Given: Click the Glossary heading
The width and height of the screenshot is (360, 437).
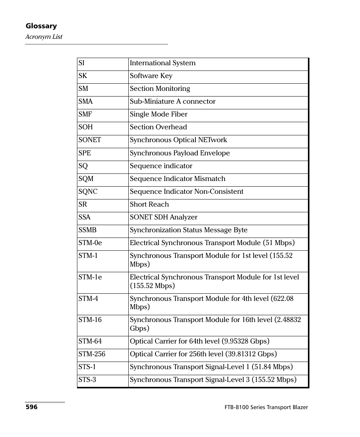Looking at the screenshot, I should pyautogui.click(x=41, y=26).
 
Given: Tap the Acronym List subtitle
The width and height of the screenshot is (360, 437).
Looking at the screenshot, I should pyautogui.click(x=44, y=37).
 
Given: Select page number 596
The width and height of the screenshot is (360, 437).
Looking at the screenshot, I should pyautogui.click(x=31, y=408).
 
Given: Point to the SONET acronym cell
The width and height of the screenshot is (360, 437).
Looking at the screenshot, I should pyautogui.click(x=90, y=140).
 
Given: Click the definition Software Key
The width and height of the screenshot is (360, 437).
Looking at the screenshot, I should pyautogui.click(x=151, y=76).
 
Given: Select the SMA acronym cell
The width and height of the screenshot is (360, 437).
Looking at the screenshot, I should pyautogui.click(x=86, y=102).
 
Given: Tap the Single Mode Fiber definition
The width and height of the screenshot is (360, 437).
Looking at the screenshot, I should pyautogui.click(x=158, y=115).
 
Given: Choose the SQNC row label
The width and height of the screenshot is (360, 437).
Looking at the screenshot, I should pyautogui.click(x=88, y=192).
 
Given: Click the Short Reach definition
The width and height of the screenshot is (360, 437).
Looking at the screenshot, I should pyautogui.click(x=149, y=205).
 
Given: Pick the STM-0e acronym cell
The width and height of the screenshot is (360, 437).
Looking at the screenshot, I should pyautogui.click(x=90, y=243).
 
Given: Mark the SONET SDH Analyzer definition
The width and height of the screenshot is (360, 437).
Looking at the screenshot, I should pyautogui.click(x=163, y=218).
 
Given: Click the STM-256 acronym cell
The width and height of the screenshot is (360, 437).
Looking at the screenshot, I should pyautogui.click(x=92, y=354).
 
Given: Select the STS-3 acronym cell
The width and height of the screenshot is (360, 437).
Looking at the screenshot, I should pyautogui.click(x=87, y=380).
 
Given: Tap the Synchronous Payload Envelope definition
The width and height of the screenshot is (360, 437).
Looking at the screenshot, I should pyautogui.click(x=180, y=153).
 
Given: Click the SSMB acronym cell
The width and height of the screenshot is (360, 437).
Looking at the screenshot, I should pyautogui.click(x=88, y=230).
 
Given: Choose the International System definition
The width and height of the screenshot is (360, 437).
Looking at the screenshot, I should pyautogui.click(x=163, y=63).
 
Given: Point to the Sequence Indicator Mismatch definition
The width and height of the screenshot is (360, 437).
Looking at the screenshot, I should pyautogui.click(x=177, y=179).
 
